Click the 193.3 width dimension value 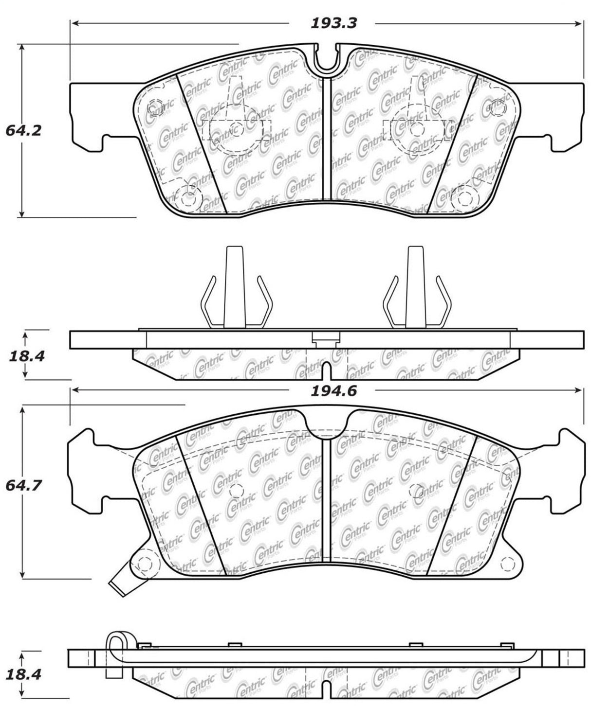(x=334, y=23)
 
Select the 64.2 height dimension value (x=23, y=130)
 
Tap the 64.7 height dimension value (x=23, y=486)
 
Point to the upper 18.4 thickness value (x=27, y=356)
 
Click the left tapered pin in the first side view (x=234, y=287)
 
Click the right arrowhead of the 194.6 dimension (x=578, y=391)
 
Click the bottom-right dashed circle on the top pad (x=467, y=196)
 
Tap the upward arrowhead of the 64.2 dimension (x=21, y=49)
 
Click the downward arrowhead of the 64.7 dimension (x=22, y=574)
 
